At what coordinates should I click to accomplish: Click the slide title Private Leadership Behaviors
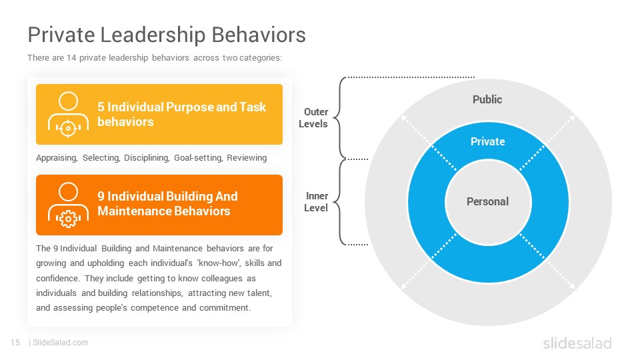tap(167, 35)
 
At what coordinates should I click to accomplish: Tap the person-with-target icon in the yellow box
tap(68, 114)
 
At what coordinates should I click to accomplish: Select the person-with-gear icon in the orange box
tap(68, 205)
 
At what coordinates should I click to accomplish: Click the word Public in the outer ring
tap(487, 99)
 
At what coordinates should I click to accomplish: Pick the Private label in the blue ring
tap(488, 141)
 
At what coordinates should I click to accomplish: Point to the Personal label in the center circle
tap(488, 201)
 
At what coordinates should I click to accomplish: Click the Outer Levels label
tap(313, 117)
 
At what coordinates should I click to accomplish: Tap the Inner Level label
tap(316, 201)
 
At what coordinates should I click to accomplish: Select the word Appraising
tap(57, 158)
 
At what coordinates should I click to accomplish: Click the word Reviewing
tap(247, 157)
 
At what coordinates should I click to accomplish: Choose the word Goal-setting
tap(198, 158)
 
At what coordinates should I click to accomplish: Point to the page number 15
tap(15, 343)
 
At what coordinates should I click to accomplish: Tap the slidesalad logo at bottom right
tap(577, 343)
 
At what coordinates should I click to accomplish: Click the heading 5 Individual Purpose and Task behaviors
tap(181, 114)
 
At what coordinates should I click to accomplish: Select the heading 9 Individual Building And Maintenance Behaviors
tap(167, 204)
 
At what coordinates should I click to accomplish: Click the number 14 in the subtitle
tap(71, 57)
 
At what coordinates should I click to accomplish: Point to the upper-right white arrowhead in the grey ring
tap(572, 119)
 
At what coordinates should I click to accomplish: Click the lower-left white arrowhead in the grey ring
tap(404, 286)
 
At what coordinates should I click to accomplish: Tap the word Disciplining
tap(147, 158)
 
